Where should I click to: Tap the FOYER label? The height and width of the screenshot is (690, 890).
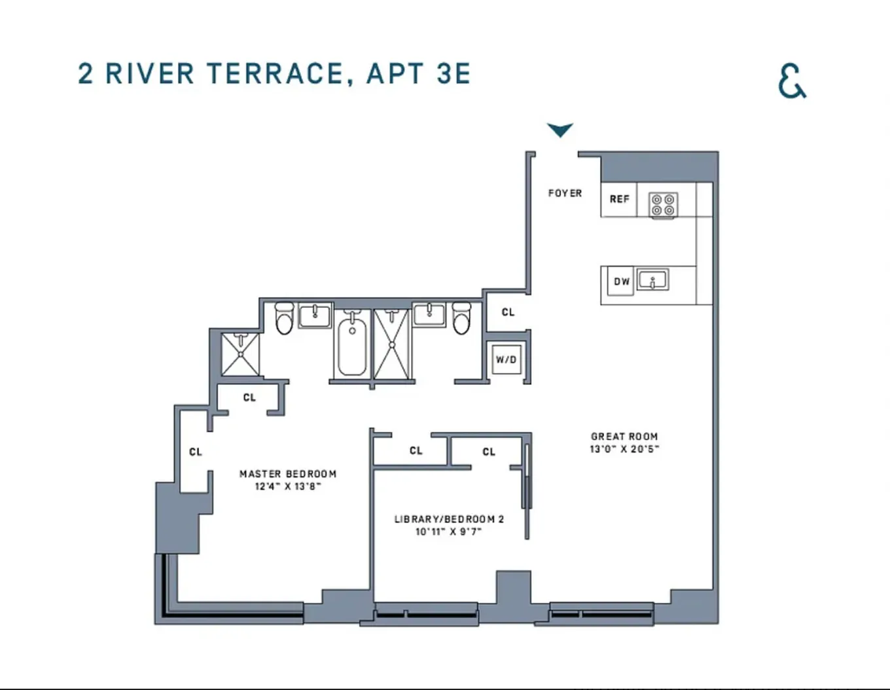565,193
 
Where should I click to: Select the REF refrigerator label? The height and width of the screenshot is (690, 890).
619,199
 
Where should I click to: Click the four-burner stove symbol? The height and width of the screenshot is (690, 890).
663,204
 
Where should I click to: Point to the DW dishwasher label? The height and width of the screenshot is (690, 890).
621,281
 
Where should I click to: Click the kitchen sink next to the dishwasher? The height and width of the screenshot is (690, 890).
652,281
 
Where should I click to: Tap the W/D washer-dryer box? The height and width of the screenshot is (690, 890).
506,359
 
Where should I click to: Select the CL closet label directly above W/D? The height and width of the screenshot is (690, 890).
508,312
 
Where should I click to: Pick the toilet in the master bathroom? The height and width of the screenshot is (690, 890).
284,318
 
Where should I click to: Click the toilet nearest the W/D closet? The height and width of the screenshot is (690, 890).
461,318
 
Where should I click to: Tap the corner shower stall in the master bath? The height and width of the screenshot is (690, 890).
240,354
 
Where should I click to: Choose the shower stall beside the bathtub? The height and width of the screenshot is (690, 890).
391,344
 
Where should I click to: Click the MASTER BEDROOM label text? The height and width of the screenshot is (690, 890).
288,474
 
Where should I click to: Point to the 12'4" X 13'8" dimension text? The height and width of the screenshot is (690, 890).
288,486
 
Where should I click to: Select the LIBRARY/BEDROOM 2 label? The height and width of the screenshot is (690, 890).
449,519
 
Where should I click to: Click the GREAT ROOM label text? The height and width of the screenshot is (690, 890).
624,436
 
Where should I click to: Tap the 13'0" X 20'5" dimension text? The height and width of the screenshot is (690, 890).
624,449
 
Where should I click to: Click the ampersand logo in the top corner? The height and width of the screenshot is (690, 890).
792,81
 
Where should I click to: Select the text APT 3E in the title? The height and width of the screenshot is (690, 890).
418,74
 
